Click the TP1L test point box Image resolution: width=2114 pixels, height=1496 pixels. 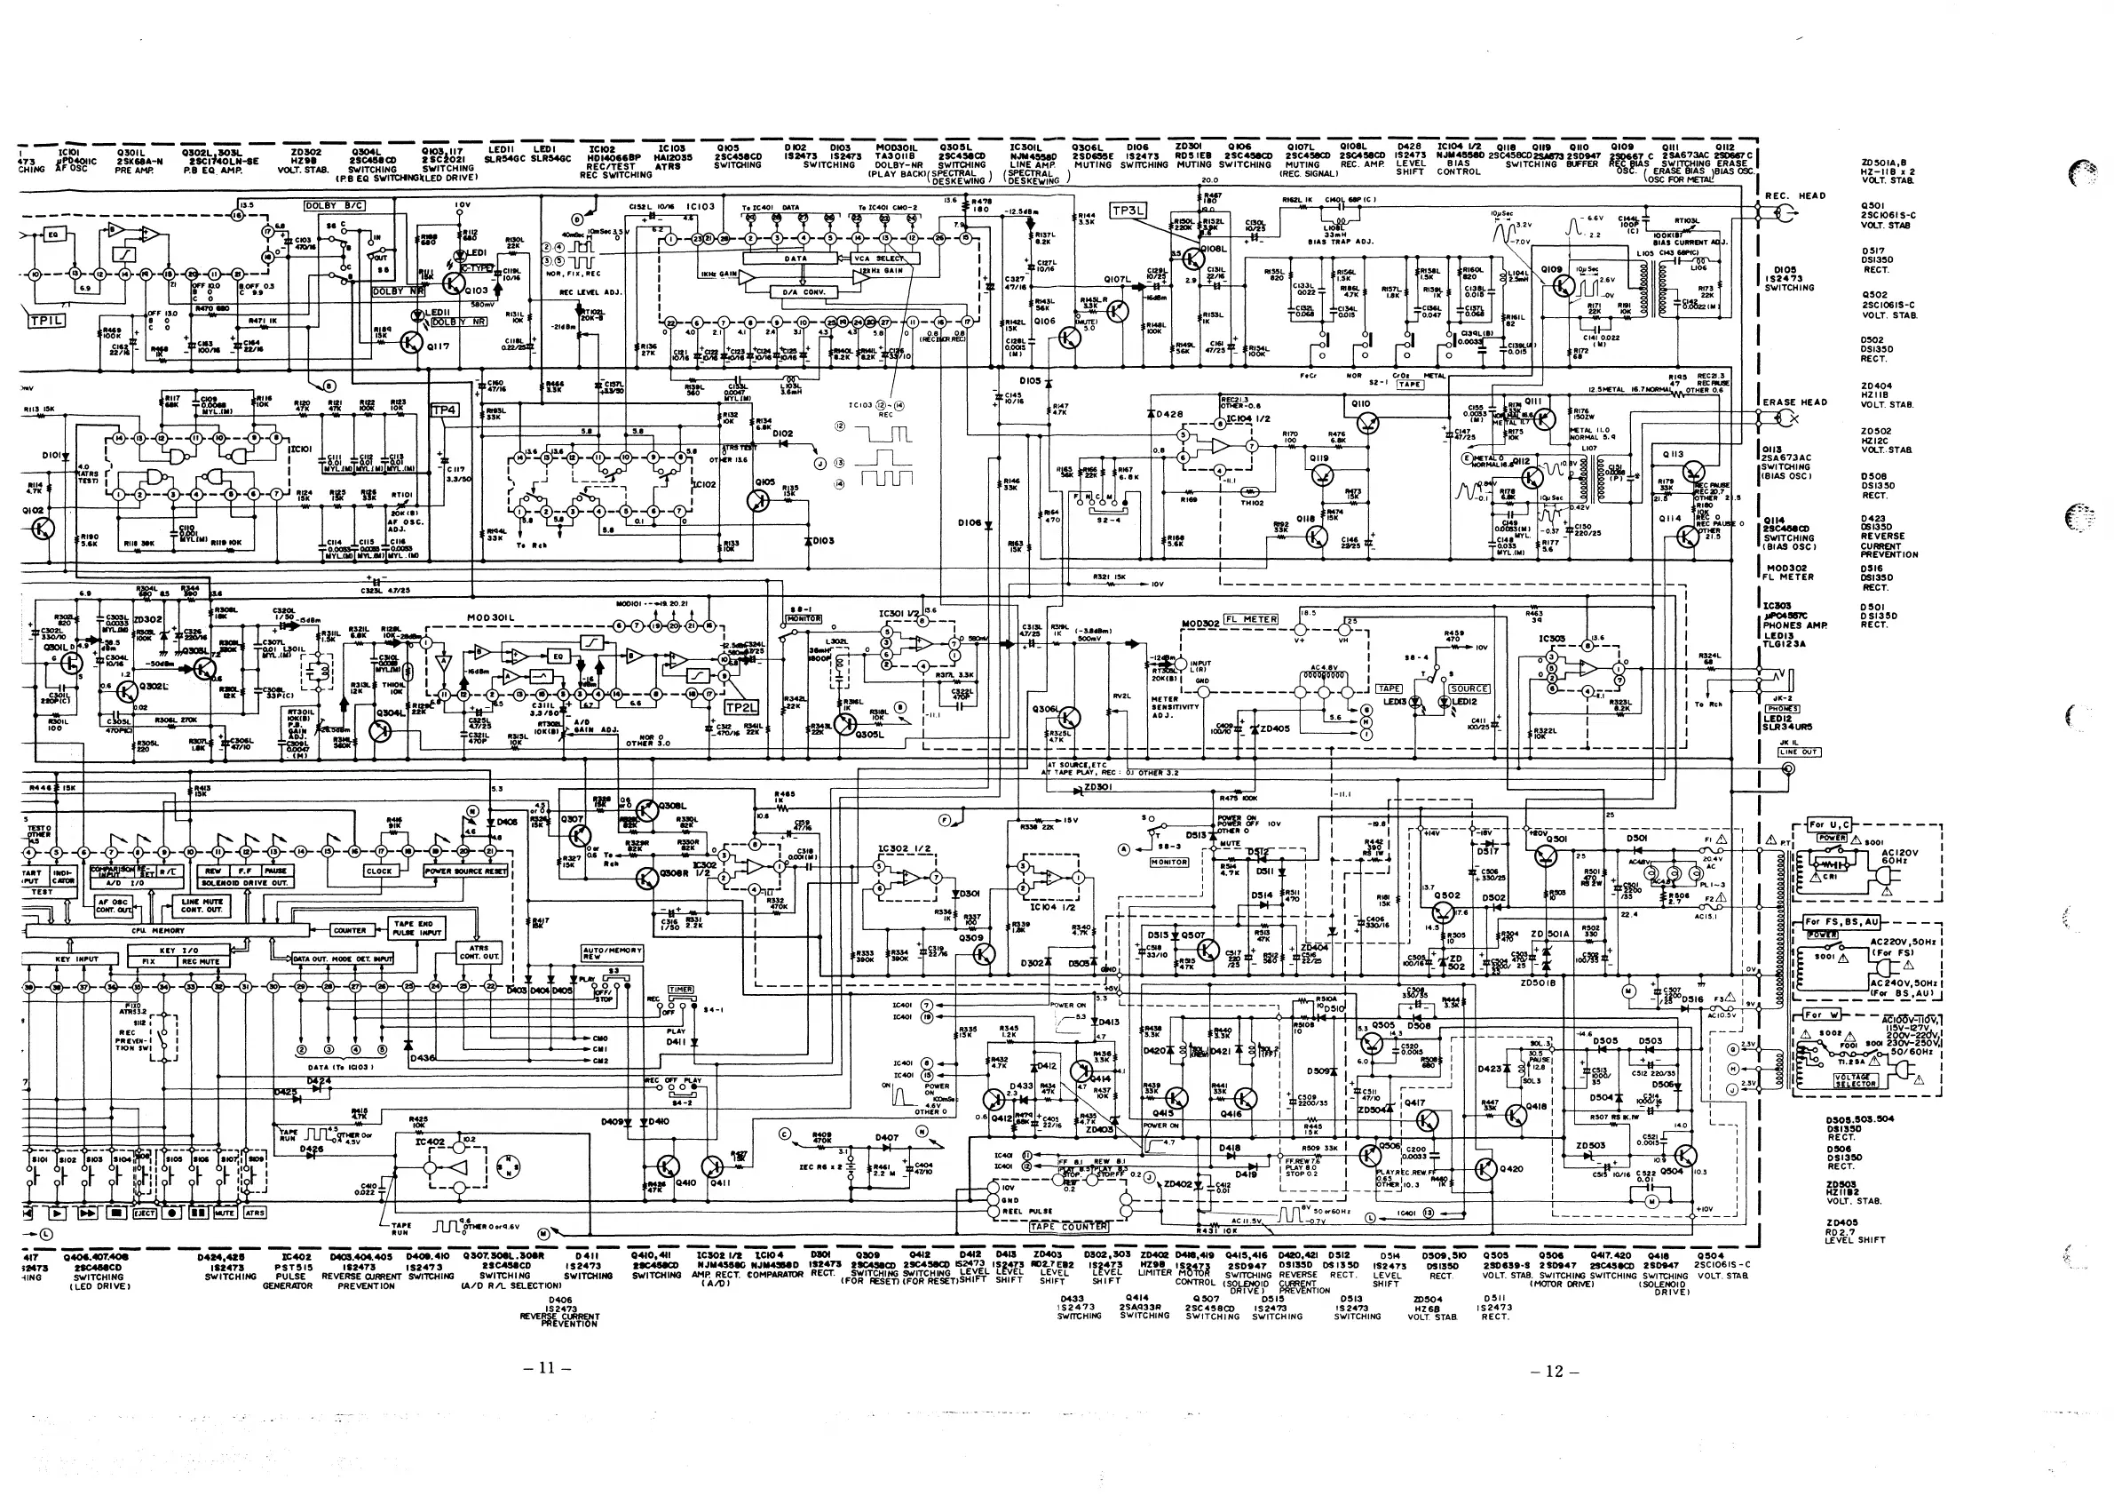click(x=46, y=321)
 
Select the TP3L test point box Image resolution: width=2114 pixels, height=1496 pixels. click(x=1128, y=211)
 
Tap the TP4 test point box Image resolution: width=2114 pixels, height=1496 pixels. click(x=445, y=410)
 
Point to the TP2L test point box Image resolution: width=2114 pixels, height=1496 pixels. click(x=741, y=707)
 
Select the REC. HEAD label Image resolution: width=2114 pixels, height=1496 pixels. click(x=1794, y=195)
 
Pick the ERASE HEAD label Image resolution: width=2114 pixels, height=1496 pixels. click(x=1794, y=402)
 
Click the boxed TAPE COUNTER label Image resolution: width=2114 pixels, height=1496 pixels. click(x=1068, y=1226)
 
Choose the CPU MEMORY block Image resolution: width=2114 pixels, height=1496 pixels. click(x=146, y=931)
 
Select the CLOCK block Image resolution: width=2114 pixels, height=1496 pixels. click(x=379, y=871)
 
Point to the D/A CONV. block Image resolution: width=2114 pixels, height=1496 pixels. click(x=803, y=292)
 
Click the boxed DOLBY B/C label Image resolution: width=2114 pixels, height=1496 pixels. click(x=335, y=206)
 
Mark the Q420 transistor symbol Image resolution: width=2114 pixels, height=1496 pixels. click(x=1485, y=1169)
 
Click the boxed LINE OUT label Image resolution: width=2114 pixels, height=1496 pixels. click(x=1798, y=752)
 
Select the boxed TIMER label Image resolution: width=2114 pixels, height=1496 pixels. click(x=680, y=990)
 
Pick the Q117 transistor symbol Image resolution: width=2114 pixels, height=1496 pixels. click(x=412, y=344)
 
